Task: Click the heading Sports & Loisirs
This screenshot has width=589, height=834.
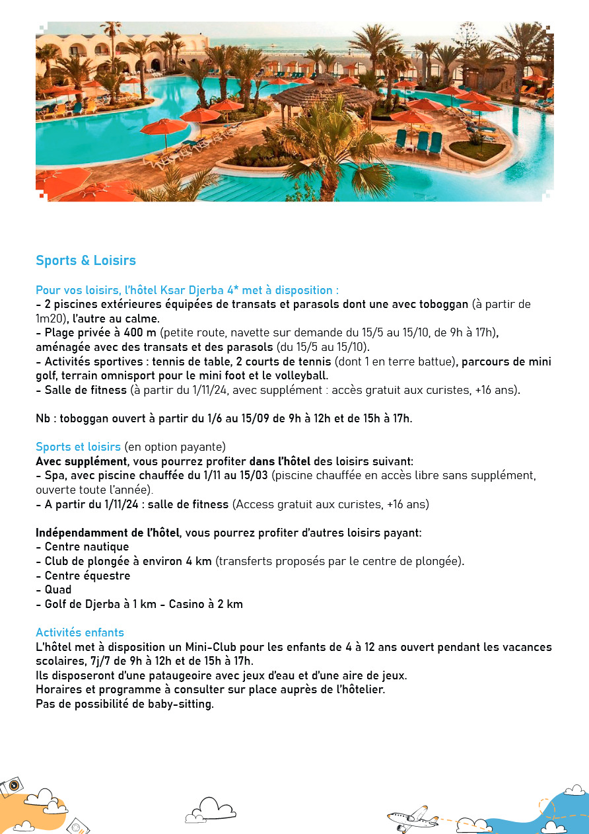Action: point(86,260)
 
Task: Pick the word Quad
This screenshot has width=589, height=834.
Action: point(58,589)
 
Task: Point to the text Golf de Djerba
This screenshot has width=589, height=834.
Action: point(82,604)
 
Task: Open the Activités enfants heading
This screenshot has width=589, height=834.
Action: point(80,632)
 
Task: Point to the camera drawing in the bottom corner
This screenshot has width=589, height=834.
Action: point(11,787)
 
